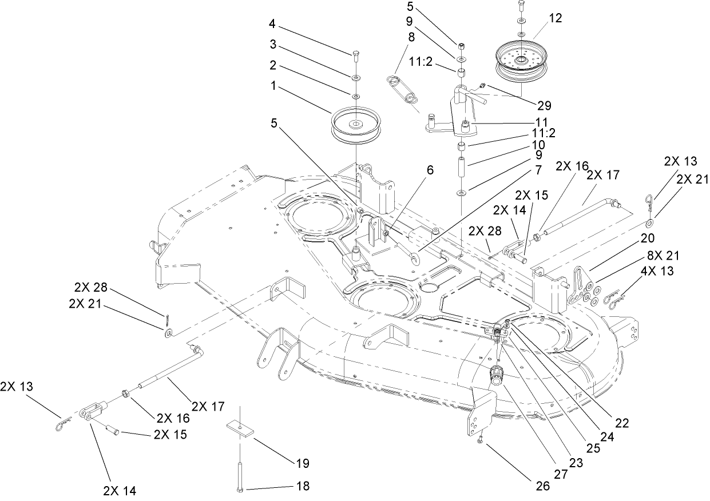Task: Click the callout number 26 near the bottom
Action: (542, 486)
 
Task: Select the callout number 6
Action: (430, 170)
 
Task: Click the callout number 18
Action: (303, 486)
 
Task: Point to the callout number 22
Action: (622, 424)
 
